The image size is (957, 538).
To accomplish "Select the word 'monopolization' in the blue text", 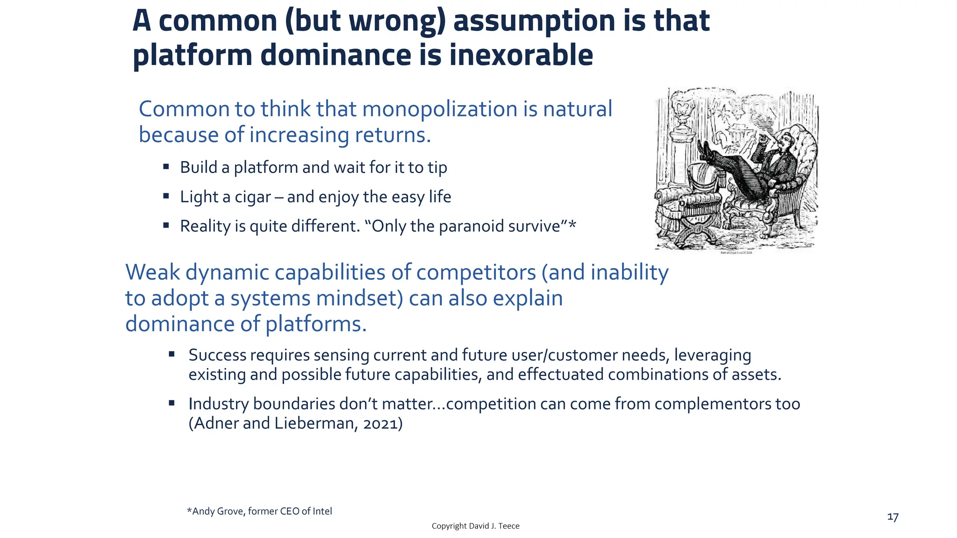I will [x=439, y=109].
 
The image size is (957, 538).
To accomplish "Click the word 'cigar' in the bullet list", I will [x=253, y=197].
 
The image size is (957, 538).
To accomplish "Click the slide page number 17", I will [x=893, y=517].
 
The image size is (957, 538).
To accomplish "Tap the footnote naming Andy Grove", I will [x=259, y=511].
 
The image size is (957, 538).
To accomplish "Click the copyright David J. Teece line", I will [x=475, y=526].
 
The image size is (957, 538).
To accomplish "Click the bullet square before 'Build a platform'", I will [x=166, y=166].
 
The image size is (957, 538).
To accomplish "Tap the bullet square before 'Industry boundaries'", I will [x=171, y=403].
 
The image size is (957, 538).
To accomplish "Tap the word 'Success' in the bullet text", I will [x=217, y=355].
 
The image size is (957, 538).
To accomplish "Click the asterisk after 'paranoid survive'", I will [x=572, y=225].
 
